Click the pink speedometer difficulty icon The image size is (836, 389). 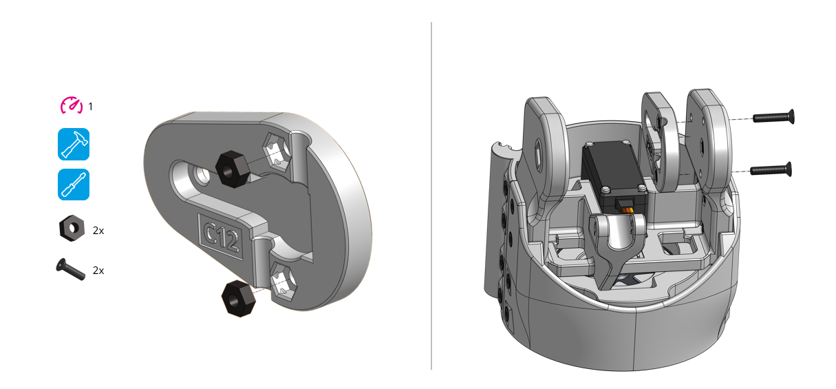pyautogui.click(x=72, y=105)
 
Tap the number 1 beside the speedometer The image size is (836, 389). pyautogui.click(x=90, y=107)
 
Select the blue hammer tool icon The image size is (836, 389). pyautogui.click(x=73, y=145)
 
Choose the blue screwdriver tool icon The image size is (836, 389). pyautogui.click(x=73, y=185)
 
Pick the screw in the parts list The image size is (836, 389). pyautogui.click(x=70, y=269)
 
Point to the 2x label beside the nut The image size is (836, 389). pyautogui.click(x=98, y=231)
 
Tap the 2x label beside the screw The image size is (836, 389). pyautogui.click(x=98, y=271)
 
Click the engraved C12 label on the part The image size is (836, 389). pyautogui.click(x=222, y=235)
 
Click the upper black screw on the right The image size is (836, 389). pyautogui.click(x=774, y=117)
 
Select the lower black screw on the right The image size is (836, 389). pyautogui.click(x=771, y=169)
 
